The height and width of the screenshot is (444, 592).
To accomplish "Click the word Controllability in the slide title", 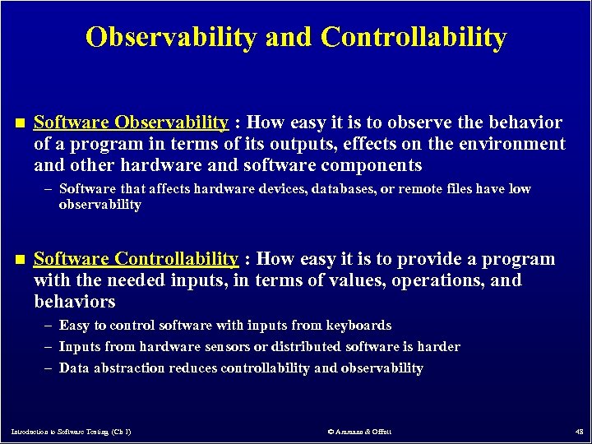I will tap(414, 37).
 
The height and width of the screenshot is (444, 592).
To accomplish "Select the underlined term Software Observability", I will tap(131, 123).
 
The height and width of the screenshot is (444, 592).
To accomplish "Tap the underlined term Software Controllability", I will tap(136, 259).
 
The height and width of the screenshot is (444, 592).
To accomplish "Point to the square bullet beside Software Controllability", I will tap(19, 260).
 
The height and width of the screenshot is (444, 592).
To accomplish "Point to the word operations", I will tap(445, 280).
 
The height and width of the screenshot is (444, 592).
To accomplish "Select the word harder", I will tap(437, 347).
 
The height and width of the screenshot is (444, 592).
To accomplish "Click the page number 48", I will tap(578, 432).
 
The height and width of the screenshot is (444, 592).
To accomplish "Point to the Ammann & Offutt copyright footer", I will tap(359, 432).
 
